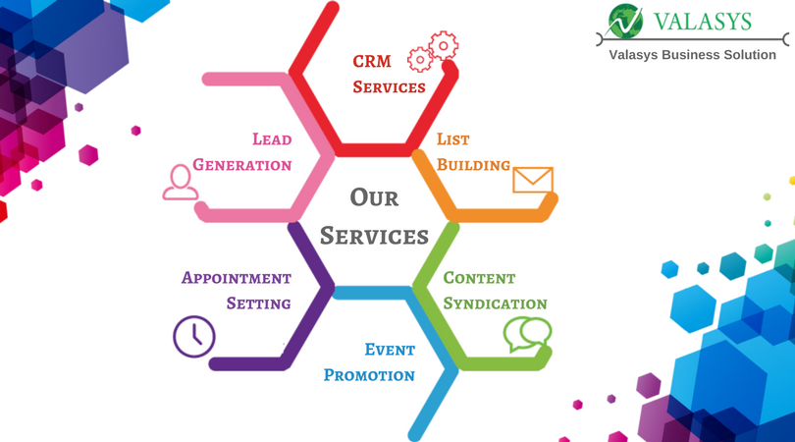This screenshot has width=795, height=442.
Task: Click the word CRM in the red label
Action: [x=372, y=61]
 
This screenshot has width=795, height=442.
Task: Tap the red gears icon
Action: [x=434, y=52]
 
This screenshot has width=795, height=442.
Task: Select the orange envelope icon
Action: [x=533, y=180]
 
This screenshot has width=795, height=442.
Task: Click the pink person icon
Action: [x=180, y=182]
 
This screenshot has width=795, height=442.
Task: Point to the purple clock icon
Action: [x=193, y=336]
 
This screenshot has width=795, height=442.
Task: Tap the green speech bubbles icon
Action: [x=527, y=334]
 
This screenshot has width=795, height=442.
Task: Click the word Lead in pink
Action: [x=272, y=139]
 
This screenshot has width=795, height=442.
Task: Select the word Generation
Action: [x=242, y=164]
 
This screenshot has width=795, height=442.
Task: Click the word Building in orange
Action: [x=473, y=164]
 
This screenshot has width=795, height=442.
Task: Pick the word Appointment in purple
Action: [x=237, y=278]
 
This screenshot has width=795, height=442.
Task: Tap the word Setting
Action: [x=258, y=304]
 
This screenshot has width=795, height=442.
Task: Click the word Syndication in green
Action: [x=495, y=304]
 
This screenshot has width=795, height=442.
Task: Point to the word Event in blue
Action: [x=390, y=350]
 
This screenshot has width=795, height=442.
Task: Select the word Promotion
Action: [x=369, y=375]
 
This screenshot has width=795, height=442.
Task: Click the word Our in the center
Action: [x=374, y=197]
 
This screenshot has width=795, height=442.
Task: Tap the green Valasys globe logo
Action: [x=624, y=22]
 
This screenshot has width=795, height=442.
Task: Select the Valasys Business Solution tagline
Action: [x=693, y=55]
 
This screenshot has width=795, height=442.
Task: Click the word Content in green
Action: [x=479, y=278]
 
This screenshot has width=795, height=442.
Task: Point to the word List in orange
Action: [x=453, y=139]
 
